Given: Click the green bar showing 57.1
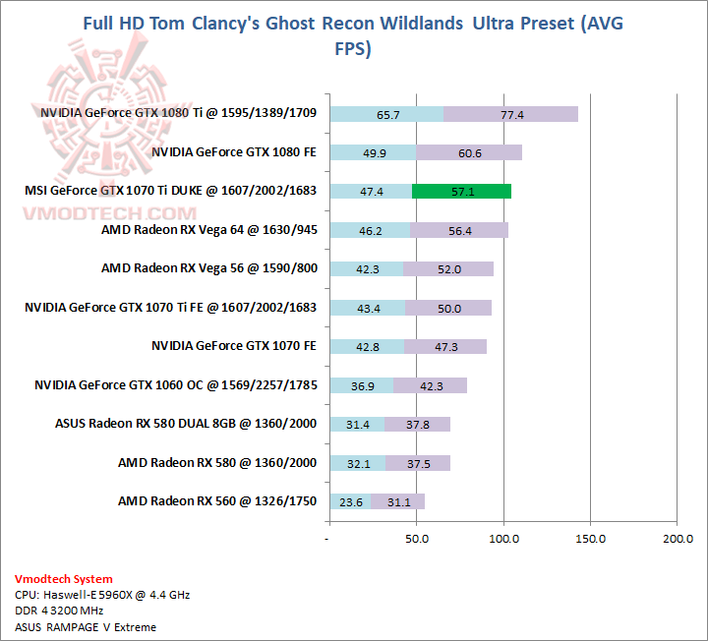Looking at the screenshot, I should coord(462,192).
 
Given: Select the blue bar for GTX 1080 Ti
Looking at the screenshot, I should coord(386,114).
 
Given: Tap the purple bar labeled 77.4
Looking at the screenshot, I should coord(511,114).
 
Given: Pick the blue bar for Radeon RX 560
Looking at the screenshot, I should coord(351,501).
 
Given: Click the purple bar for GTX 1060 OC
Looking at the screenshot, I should coord(431,385).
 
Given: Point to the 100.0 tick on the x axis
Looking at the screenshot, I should coord(504,539).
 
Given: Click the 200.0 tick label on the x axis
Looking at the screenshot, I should coord(678,539).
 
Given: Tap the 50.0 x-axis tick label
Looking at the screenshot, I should coord(417,539).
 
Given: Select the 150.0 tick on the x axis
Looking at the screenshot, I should coord(591,539).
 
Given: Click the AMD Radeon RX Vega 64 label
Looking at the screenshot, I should coord(208,230).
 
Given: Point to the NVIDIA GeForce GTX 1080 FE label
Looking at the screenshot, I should coord(234,152).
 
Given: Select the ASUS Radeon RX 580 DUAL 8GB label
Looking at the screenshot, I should coord(186,424).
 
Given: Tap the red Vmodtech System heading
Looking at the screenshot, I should coord(64,579).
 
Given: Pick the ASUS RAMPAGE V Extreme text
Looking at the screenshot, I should coord(86,626).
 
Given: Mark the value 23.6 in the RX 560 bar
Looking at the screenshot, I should coord(351,501).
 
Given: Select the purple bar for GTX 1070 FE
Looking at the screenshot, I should coord(445,346).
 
